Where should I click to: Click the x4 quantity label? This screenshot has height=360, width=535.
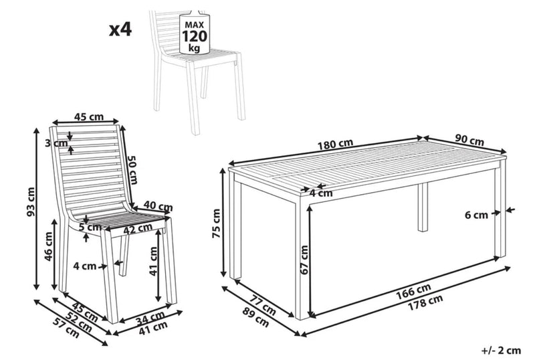[x=120, y=29]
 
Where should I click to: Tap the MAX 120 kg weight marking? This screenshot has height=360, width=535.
[x=195, y=36]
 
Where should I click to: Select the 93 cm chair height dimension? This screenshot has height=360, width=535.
[x=31, y=202]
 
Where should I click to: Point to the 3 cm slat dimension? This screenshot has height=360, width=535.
[x=56, y=143]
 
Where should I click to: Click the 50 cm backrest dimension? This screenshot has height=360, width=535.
[x=132, y=169]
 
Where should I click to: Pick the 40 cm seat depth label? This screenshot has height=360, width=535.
[x=158, y=206]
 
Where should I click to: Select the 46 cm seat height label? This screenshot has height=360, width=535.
[x=48, y=246]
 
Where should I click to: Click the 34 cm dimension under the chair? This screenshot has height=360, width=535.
[x=150, y=318]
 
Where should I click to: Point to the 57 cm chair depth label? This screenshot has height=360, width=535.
[x=67, y=328]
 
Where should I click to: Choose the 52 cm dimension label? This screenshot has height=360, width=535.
[x=79, y=322]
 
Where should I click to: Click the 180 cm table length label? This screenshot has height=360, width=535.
[x=336, y=145]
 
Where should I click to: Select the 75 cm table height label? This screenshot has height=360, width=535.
[x=217, y=223]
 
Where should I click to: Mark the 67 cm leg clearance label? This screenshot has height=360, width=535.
[x=304, y=260]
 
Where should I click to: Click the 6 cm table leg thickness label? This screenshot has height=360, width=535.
[x=476, y=215]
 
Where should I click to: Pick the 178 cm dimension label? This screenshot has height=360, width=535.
[x=426, y=302]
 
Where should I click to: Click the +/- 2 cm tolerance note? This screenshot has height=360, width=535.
[x=501, y=351]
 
